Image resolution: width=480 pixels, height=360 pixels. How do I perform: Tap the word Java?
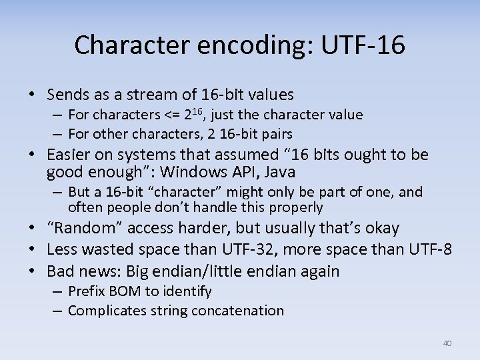pos(280,173)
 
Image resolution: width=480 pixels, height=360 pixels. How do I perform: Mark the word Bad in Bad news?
pos(61,271)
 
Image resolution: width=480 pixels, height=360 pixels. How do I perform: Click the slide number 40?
pos(447,343)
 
